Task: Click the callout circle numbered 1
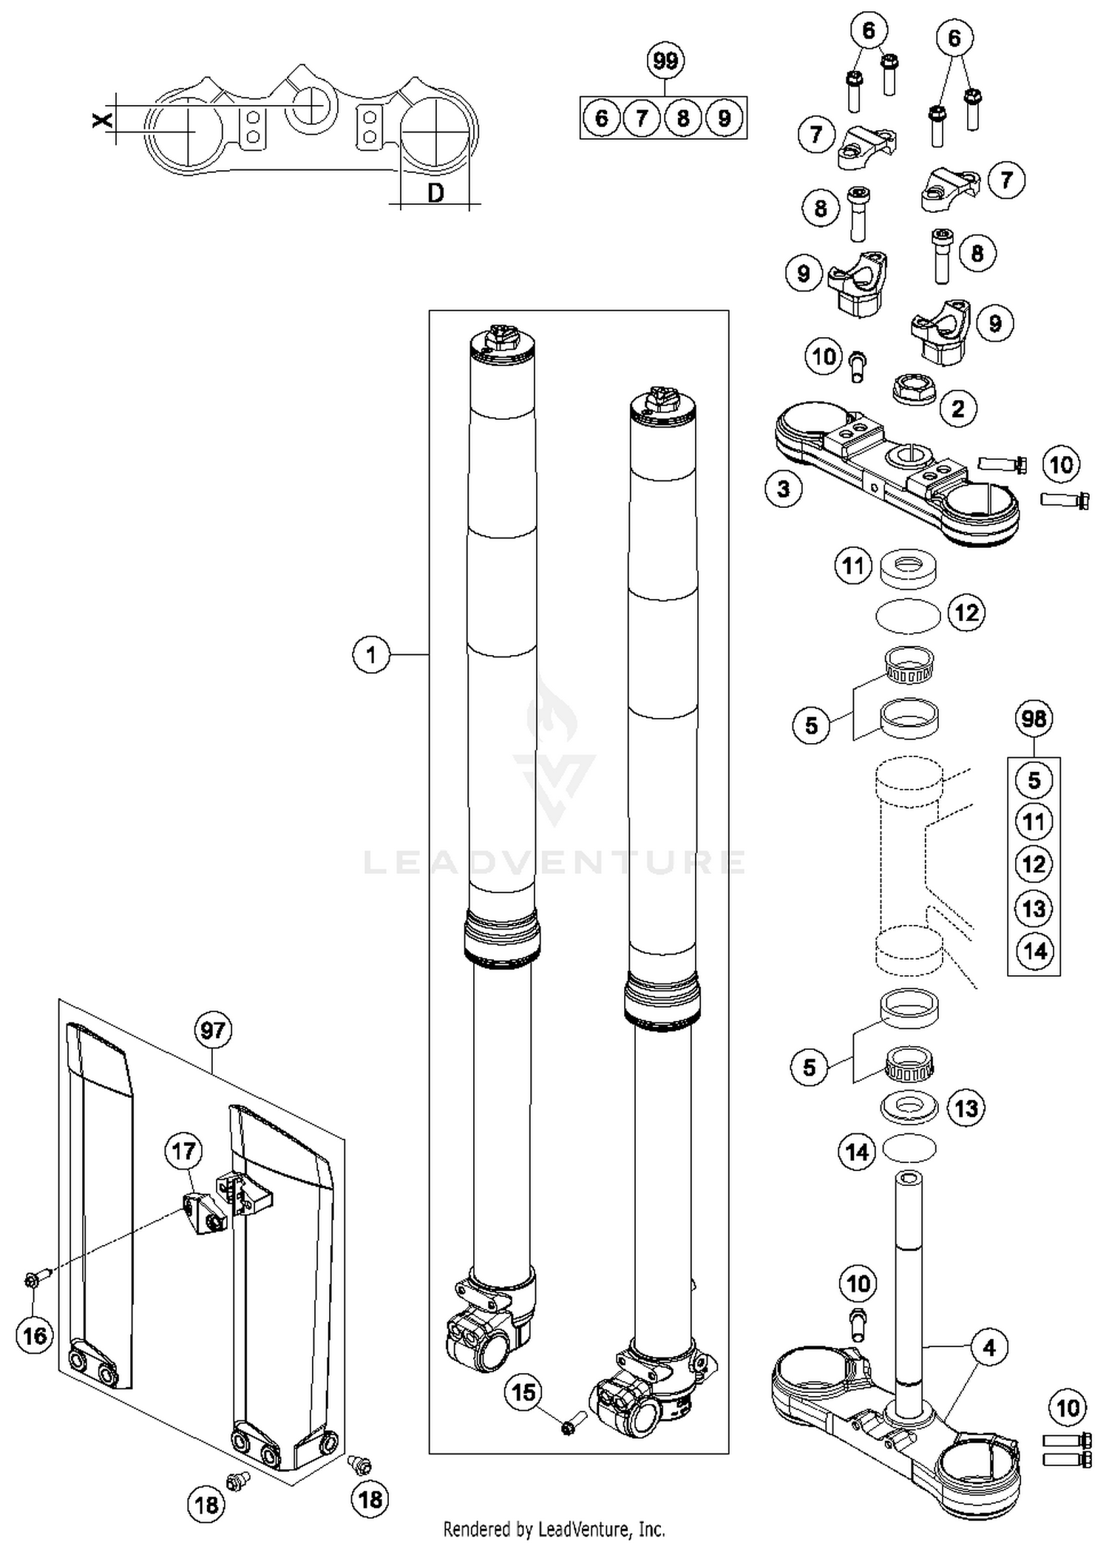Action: tap(371, 654)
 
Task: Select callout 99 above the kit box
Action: tap(665, 61)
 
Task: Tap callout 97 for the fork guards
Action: tap(213, 1030)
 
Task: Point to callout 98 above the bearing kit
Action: tap(1034, 718)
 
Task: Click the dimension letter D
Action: tap(436, 194)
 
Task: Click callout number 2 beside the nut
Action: tap(958, 408)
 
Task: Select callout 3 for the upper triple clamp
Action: tap(784, 489)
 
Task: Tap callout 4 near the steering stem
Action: tap(989, 1347)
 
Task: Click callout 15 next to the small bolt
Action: tap(523, 1393)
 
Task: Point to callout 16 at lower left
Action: tap(35, 1336)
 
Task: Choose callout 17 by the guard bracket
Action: tap(183, 1151)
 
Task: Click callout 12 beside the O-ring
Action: tap(967, 613)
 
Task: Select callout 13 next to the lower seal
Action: tap(966, 1108)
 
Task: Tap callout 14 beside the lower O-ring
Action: tap(857, 1151)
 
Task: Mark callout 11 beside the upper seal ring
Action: tap(853, 566)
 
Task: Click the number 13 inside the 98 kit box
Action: tap(1034, 908)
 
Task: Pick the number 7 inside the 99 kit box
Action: tap(642, 118)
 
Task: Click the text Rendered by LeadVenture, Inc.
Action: tap(554, 1528)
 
